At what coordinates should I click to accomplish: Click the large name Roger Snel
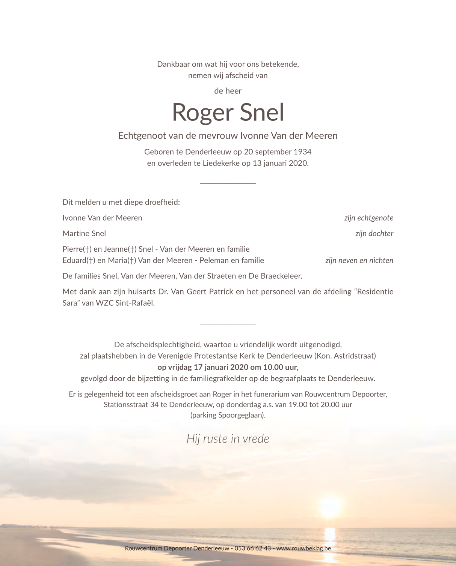[x=228, y=113]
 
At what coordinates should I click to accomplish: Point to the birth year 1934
[x=302, y=152]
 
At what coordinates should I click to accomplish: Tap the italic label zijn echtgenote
[x=368, y=218]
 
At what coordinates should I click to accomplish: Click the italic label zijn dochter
[x=374, y=233]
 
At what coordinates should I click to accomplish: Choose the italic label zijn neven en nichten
[x=359, y=260]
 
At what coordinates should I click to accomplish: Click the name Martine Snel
[x=84, y=233]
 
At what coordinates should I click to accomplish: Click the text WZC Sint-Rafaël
[x=125, y=303]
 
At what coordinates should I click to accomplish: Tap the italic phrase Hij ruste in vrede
[x=228, y=438]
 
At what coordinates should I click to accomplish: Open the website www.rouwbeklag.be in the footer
[x=303, y=548]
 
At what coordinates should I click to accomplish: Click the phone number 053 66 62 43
[x=252, y=548]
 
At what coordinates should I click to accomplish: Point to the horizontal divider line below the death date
[x=228, y=183]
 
